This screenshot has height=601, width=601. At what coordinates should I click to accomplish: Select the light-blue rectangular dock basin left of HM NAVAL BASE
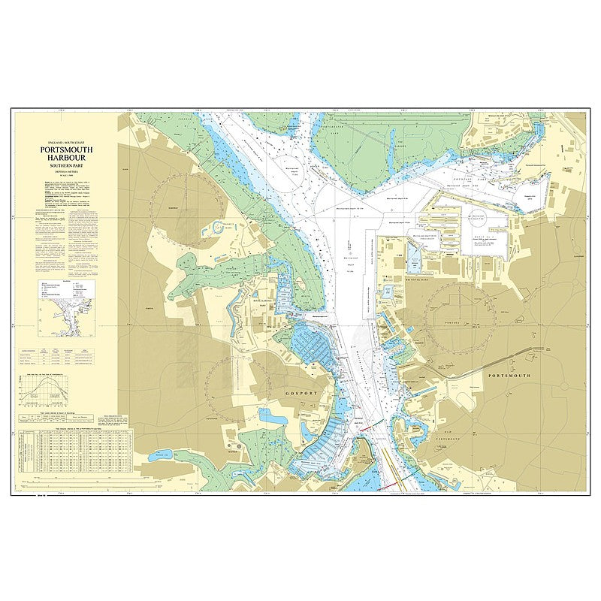tap(414, 262)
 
